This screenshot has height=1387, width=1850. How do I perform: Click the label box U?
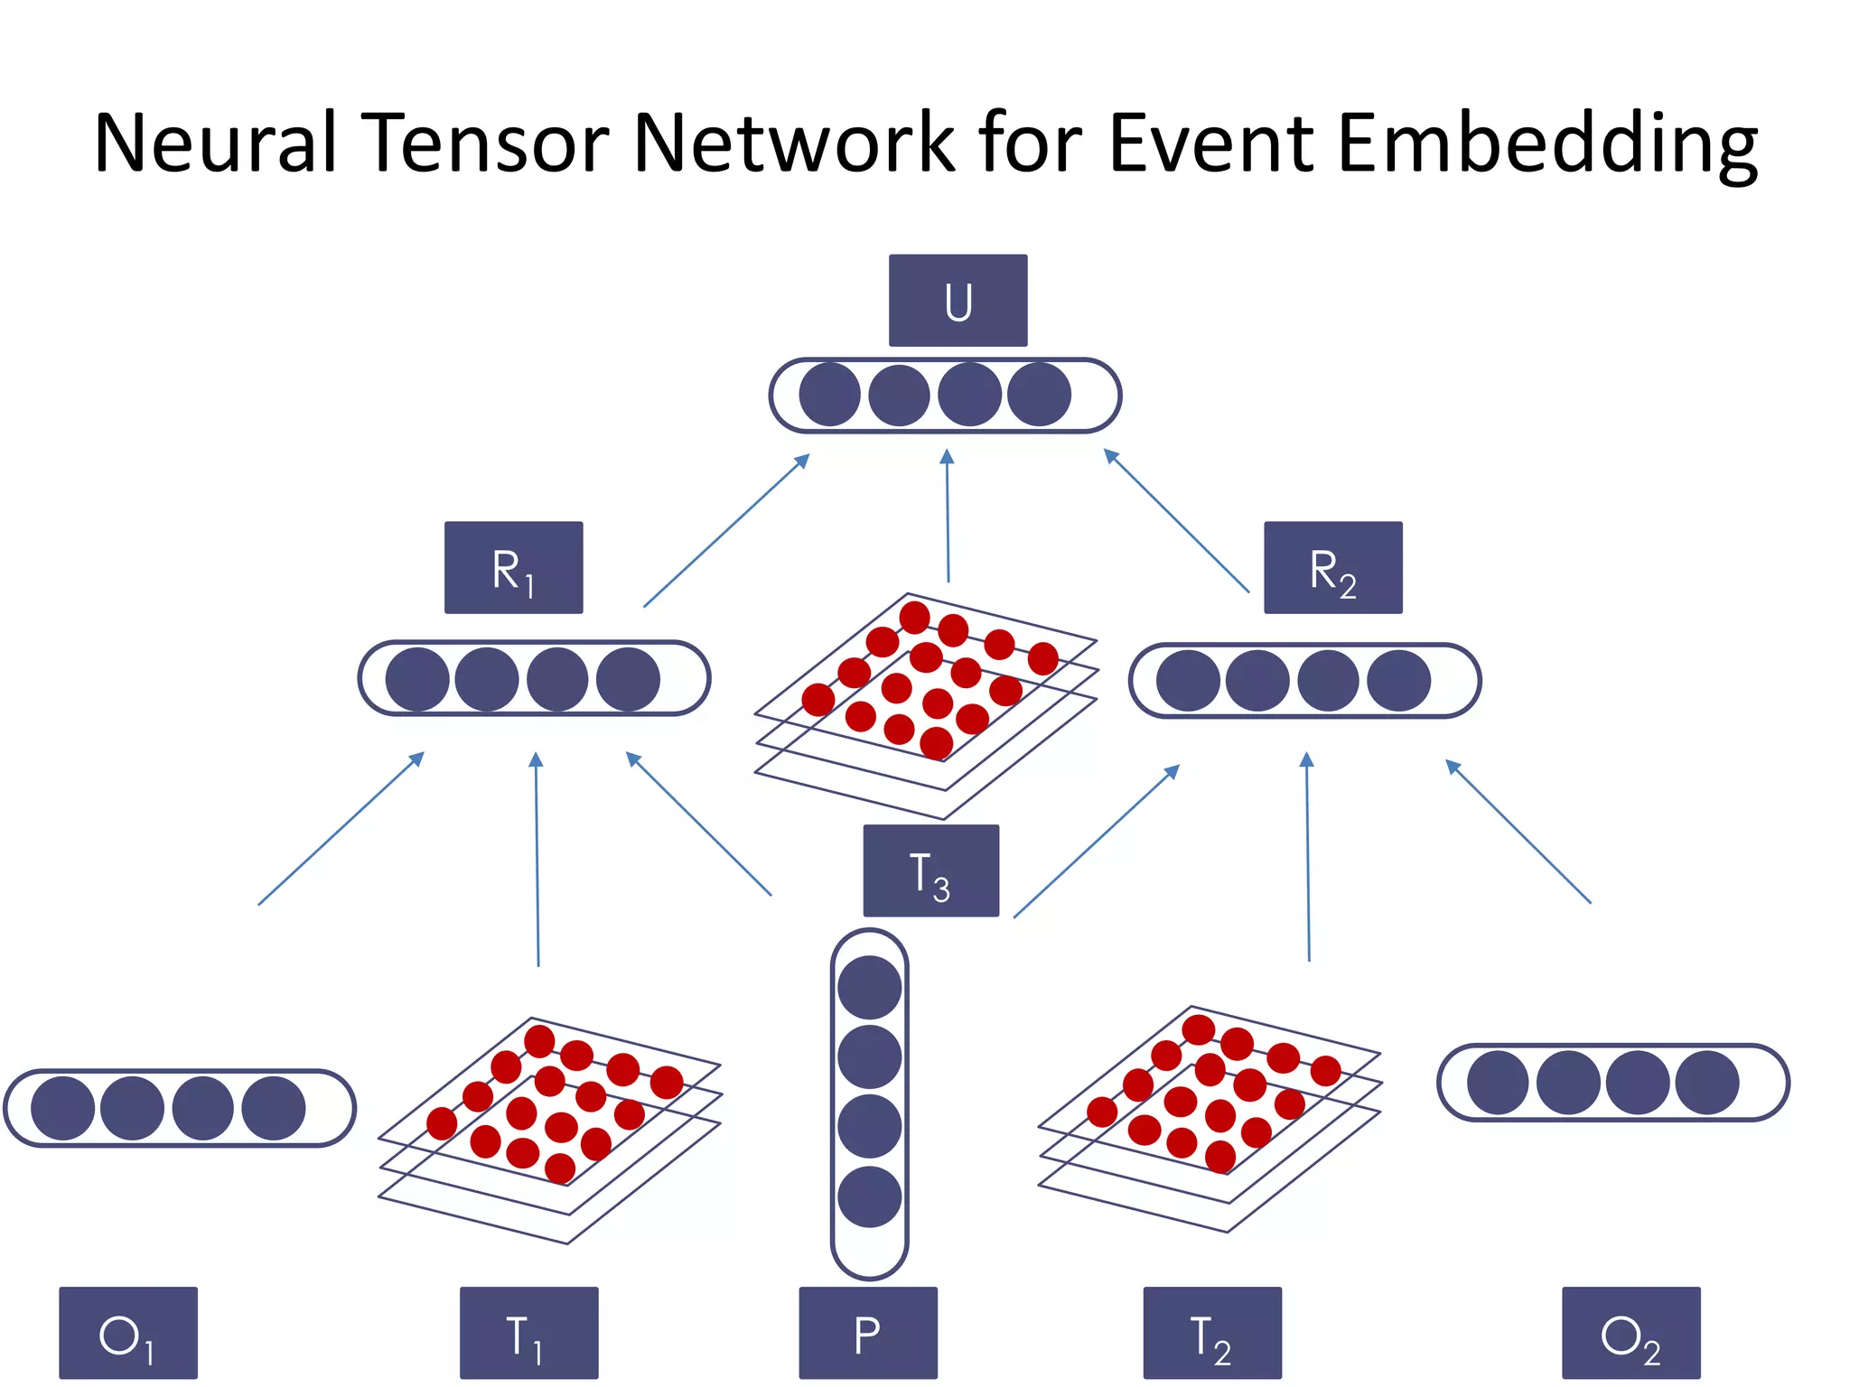(958, 301)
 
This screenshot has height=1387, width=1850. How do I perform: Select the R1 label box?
(513, 568)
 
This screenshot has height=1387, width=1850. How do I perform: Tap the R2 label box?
(1332, 568)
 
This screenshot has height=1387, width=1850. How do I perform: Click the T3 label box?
(930, 870)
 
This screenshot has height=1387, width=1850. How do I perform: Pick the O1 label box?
(128, 1333)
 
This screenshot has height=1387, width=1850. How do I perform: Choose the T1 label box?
(528, 1333)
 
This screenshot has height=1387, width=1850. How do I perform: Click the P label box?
(868, 1333)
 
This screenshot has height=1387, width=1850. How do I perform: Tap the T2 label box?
(1212, 1333)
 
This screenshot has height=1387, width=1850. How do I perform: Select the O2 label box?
(1630, 1333)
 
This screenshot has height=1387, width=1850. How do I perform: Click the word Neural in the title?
(215, 143)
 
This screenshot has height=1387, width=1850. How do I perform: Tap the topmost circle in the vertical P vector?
(869, 987)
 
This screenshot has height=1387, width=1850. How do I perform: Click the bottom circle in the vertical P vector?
(869, 1197)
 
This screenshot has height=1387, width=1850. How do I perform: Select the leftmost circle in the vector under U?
(829, 395)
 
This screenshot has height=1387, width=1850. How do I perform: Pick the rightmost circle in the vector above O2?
(1706, 1082)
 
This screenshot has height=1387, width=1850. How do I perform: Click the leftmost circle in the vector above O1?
(63, 1108)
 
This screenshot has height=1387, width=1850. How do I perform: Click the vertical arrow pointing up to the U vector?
(948, 515)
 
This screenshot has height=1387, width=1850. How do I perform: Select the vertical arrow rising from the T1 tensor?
(537, 858)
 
